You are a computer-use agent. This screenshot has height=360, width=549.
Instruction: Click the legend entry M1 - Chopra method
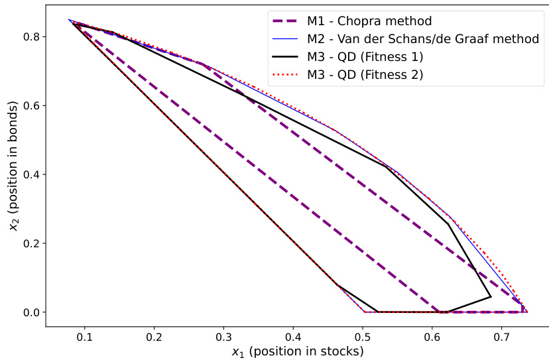[x=361, y=21]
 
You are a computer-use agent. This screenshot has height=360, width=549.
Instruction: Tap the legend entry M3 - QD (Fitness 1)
[x=365, y=57]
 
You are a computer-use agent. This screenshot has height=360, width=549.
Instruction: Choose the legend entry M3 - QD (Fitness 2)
[x=365, y=75]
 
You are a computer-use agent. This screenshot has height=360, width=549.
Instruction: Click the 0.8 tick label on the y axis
[x=31, y=36]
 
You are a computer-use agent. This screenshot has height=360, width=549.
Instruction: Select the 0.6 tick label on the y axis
[x=31, y=105]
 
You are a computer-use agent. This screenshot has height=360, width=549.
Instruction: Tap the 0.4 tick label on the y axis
[x=31, y=174]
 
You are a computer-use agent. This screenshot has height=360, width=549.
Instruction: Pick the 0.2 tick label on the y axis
[x=31, y=243]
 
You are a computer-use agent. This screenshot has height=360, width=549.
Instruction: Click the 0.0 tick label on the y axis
[x=31, y=312]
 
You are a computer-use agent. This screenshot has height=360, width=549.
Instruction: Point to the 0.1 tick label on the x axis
[x=85, y=337]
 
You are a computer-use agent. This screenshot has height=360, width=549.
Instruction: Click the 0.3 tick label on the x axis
[x=224, y=337]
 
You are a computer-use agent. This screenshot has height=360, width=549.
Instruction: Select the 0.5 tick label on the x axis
[x=363, y=337]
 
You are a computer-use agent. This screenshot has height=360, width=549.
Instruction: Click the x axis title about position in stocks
[x=297, y=351]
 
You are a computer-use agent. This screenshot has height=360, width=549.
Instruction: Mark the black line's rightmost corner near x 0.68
[x=491, y=296]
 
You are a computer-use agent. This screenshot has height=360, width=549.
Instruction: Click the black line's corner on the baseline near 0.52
[x=377, y=312]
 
